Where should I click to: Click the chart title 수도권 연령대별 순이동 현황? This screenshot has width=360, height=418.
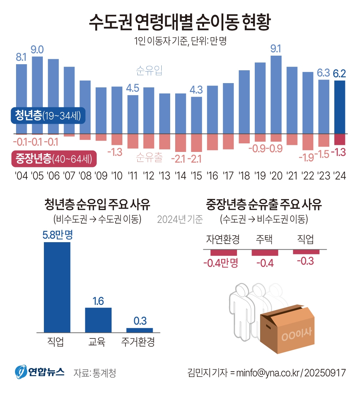tap(180, 22)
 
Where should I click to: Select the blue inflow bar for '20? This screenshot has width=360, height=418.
tap(276, 95)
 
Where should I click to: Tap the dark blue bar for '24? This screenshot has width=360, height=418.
tap(340, 107)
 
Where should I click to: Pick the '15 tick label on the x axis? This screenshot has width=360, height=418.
tap(196, 176)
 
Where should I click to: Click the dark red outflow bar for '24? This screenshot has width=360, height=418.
tap(340, 139)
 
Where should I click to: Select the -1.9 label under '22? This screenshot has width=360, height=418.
tap(307, 157)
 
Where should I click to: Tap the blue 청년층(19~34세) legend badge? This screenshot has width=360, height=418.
tap(48, 116)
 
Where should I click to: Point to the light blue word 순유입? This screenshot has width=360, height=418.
tap(149, 71)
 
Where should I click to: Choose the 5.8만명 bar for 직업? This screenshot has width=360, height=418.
tap(57, 287)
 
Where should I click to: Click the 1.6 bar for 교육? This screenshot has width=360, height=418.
tap(98, 320)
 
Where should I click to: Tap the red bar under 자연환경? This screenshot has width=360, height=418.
tap(223, 253)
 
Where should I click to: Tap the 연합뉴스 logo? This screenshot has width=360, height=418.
tap(40, 373)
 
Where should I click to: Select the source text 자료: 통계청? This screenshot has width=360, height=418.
tap(95, 373)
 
